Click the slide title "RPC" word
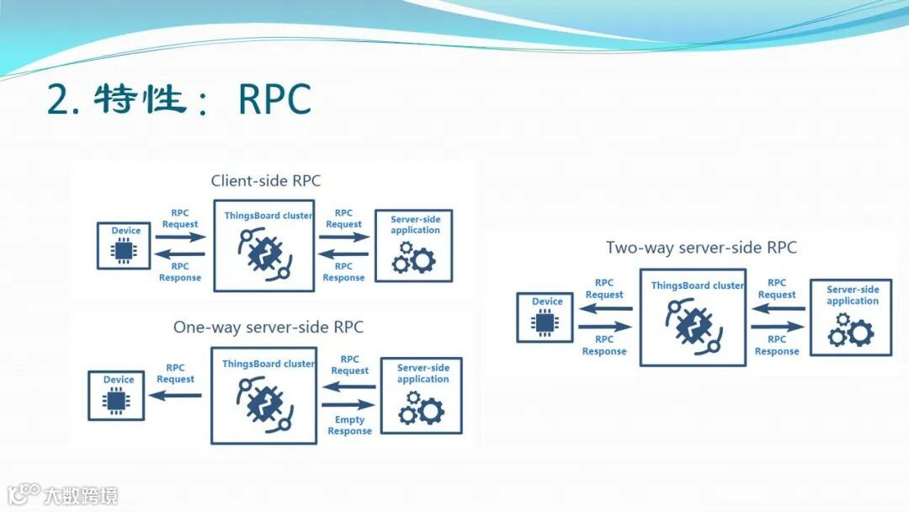275,100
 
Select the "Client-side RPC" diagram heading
265,181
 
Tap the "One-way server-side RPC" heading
268,327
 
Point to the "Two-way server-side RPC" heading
700,248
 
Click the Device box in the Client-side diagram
124,246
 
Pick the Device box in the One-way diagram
116,396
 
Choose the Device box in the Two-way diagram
545,317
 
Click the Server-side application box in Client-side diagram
414,245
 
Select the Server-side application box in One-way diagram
421,396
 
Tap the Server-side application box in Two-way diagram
850,317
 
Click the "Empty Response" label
350,425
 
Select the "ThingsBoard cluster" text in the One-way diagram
268,364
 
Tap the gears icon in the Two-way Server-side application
850,332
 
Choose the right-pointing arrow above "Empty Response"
349,405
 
